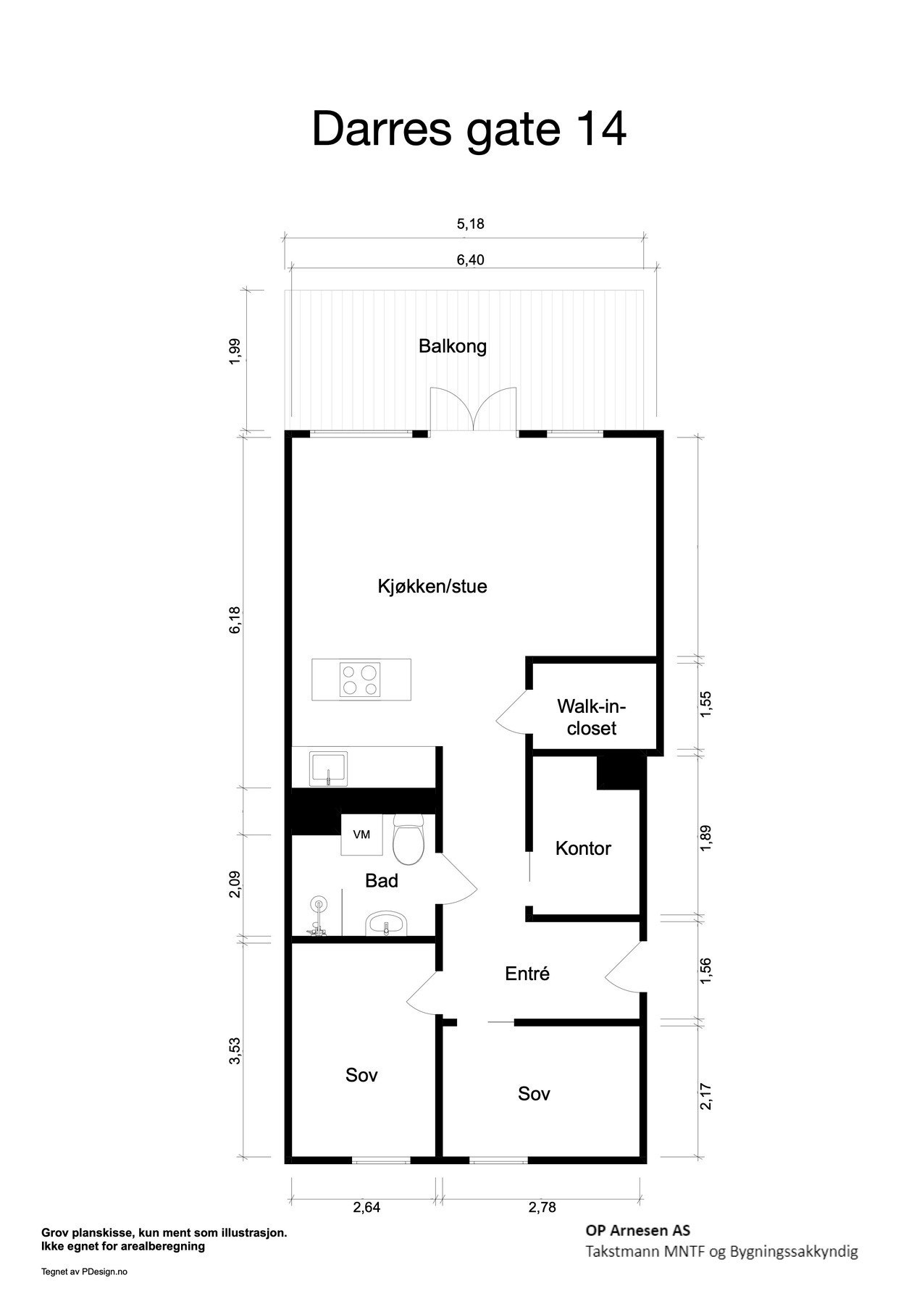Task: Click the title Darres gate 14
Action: (x=469, y=130)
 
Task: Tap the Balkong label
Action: (x=453, y=346)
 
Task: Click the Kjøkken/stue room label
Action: (x=432, y=586)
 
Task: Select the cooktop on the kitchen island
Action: (x=360, y=680)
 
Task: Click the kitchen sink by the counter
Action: (x=329, y=769)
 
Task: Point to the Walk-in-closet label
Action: (x=591, y=717)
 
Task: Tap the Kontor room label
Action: (x=583, y=848)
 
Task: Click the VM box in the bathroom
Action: (x=361, y=835)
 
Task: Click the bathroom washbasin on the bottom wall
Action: (x=387, y=924)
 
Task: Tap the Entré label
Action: (x=527, y=974)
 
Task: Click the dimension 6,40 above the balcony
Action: (x=470, y=260)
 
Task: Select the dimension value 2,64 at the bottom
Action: (x=366, y=1207)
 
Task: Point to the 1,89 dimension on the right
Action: (x=707, y=837)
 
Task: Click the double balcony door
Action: (x=473, y=411)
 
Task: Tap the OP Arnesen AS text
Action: (x=637, y=1231)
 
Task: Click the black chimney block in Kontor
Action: (x=621, y=772)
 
